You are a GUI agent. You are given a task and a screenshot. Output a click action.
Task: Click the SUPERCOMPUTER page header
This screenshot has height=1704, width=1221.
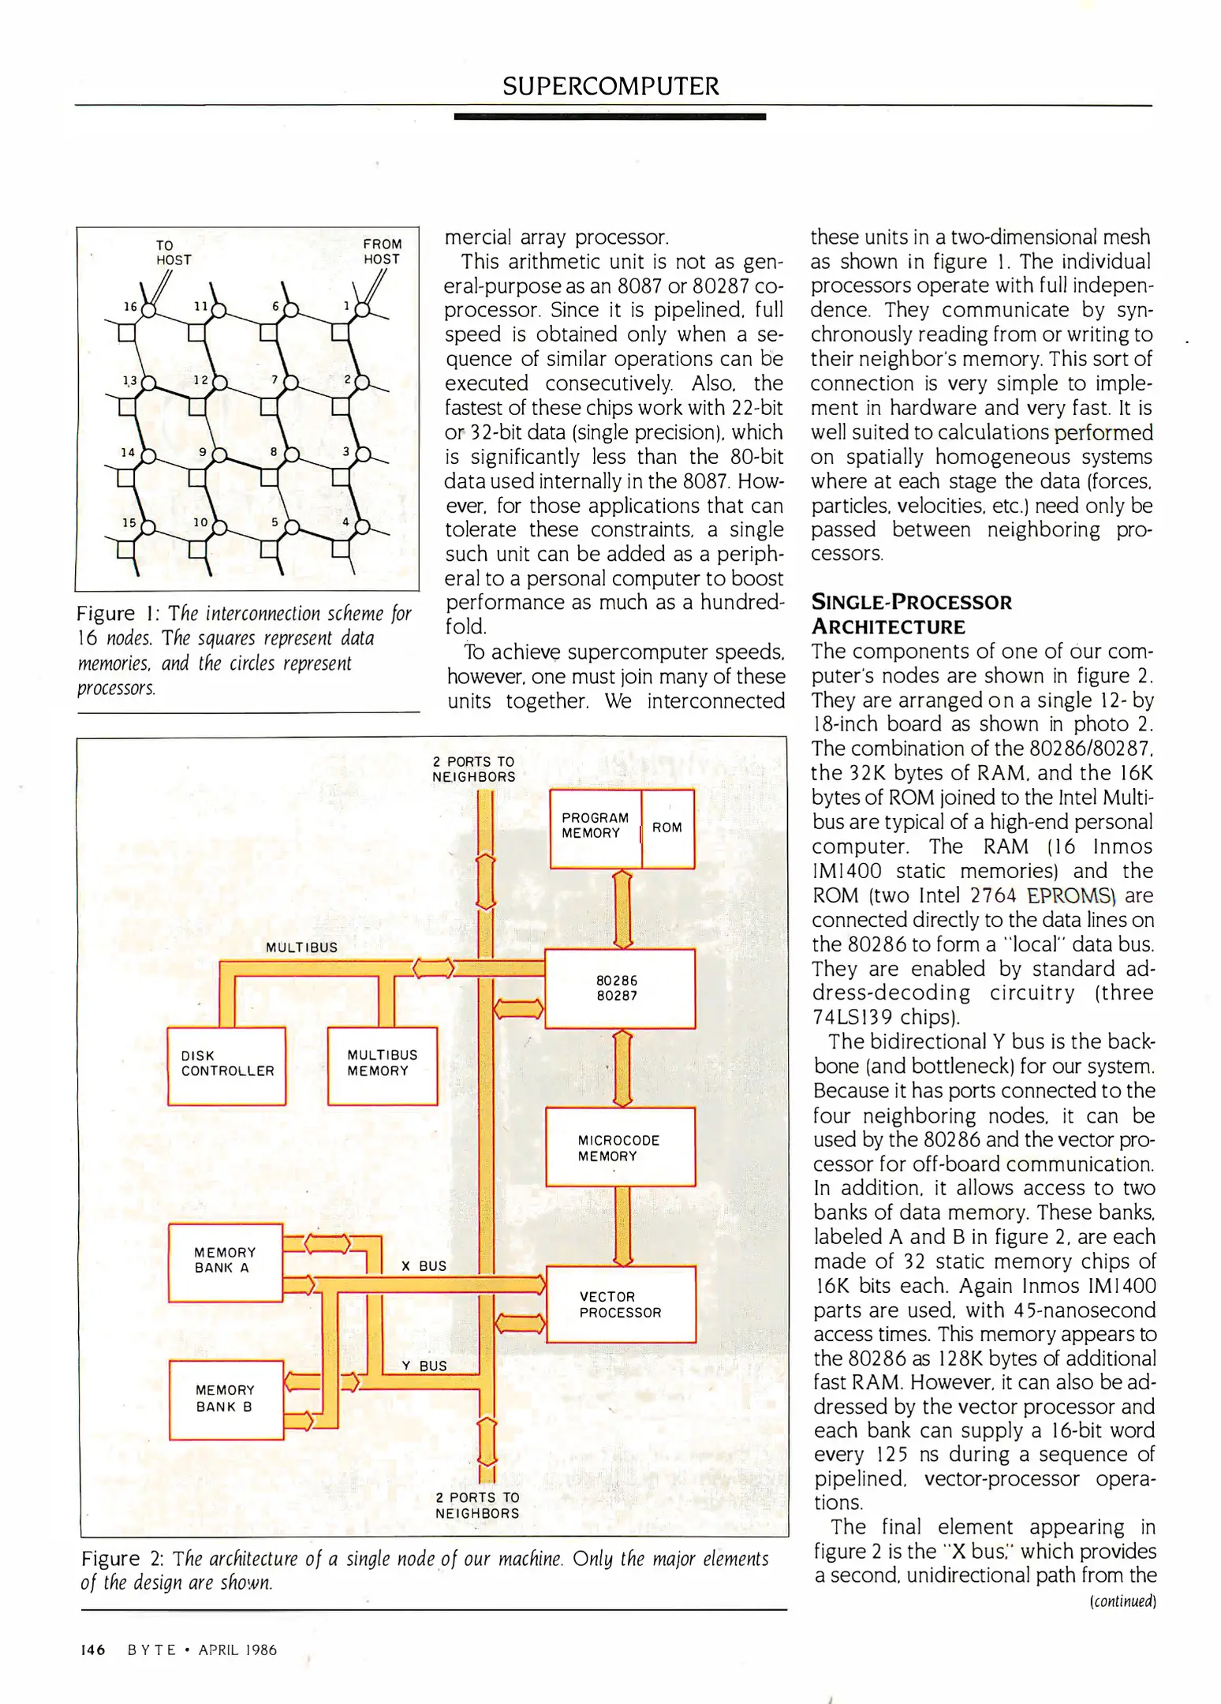click(610, 86)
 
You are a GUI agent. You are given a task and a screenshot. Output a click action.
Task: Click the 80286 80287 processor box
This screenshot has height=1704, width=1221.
click(619, 988)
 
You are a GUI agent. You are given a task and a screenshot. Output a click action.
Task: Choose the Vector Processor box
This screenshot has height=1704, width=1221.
click(621, 1304)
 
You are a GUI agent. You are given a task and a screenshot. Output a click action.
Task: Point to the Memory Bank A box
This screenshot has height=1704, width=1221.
click(226, 1261)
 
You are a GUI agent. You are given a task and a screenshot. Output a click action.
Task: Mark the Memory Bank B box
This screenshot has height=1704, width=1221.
click(226, 1399)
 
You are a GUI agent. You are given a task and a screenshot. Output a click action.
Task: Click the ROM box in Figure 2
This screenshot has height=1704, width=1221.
click(667, 828)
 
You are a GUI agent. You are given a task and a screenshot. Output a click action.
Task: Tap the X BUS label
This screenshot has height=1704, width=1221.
click(424, 1266)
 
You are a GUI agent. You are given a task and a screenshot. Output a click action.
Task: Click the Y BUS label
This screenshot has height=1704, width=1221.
click(424, 1366)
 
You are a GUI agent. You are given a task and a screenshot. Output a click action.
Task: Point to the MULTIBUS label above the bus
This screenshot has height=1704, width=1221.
click(301, 947)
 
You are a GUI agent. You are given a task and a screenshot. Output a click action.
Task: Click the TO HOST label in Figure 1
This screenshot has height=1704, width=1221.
click(173, 252)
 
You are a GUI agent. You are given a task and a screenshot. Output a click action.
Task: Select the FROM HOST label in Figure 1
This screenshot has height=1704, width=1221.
click(382, 252)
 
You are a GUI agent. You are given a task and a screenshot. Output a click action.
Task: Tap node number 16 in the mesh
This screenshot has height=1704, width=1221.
click(130, 306)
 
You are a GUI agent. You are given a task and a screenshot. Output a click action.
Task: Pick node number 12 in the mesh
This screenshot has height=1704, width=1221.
click(201, 380)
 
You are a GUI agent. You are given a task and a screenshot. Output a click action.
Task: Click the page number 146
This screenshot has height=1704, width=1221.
click(93, 1650)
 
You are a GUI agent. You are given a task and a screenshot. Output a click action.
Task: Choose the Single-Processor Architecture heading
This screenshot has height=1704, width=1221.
click(911, 615)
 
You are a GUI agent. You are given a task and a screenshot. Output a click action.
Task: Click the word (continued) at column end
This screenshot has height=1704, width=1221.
click(1122, 1601)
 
